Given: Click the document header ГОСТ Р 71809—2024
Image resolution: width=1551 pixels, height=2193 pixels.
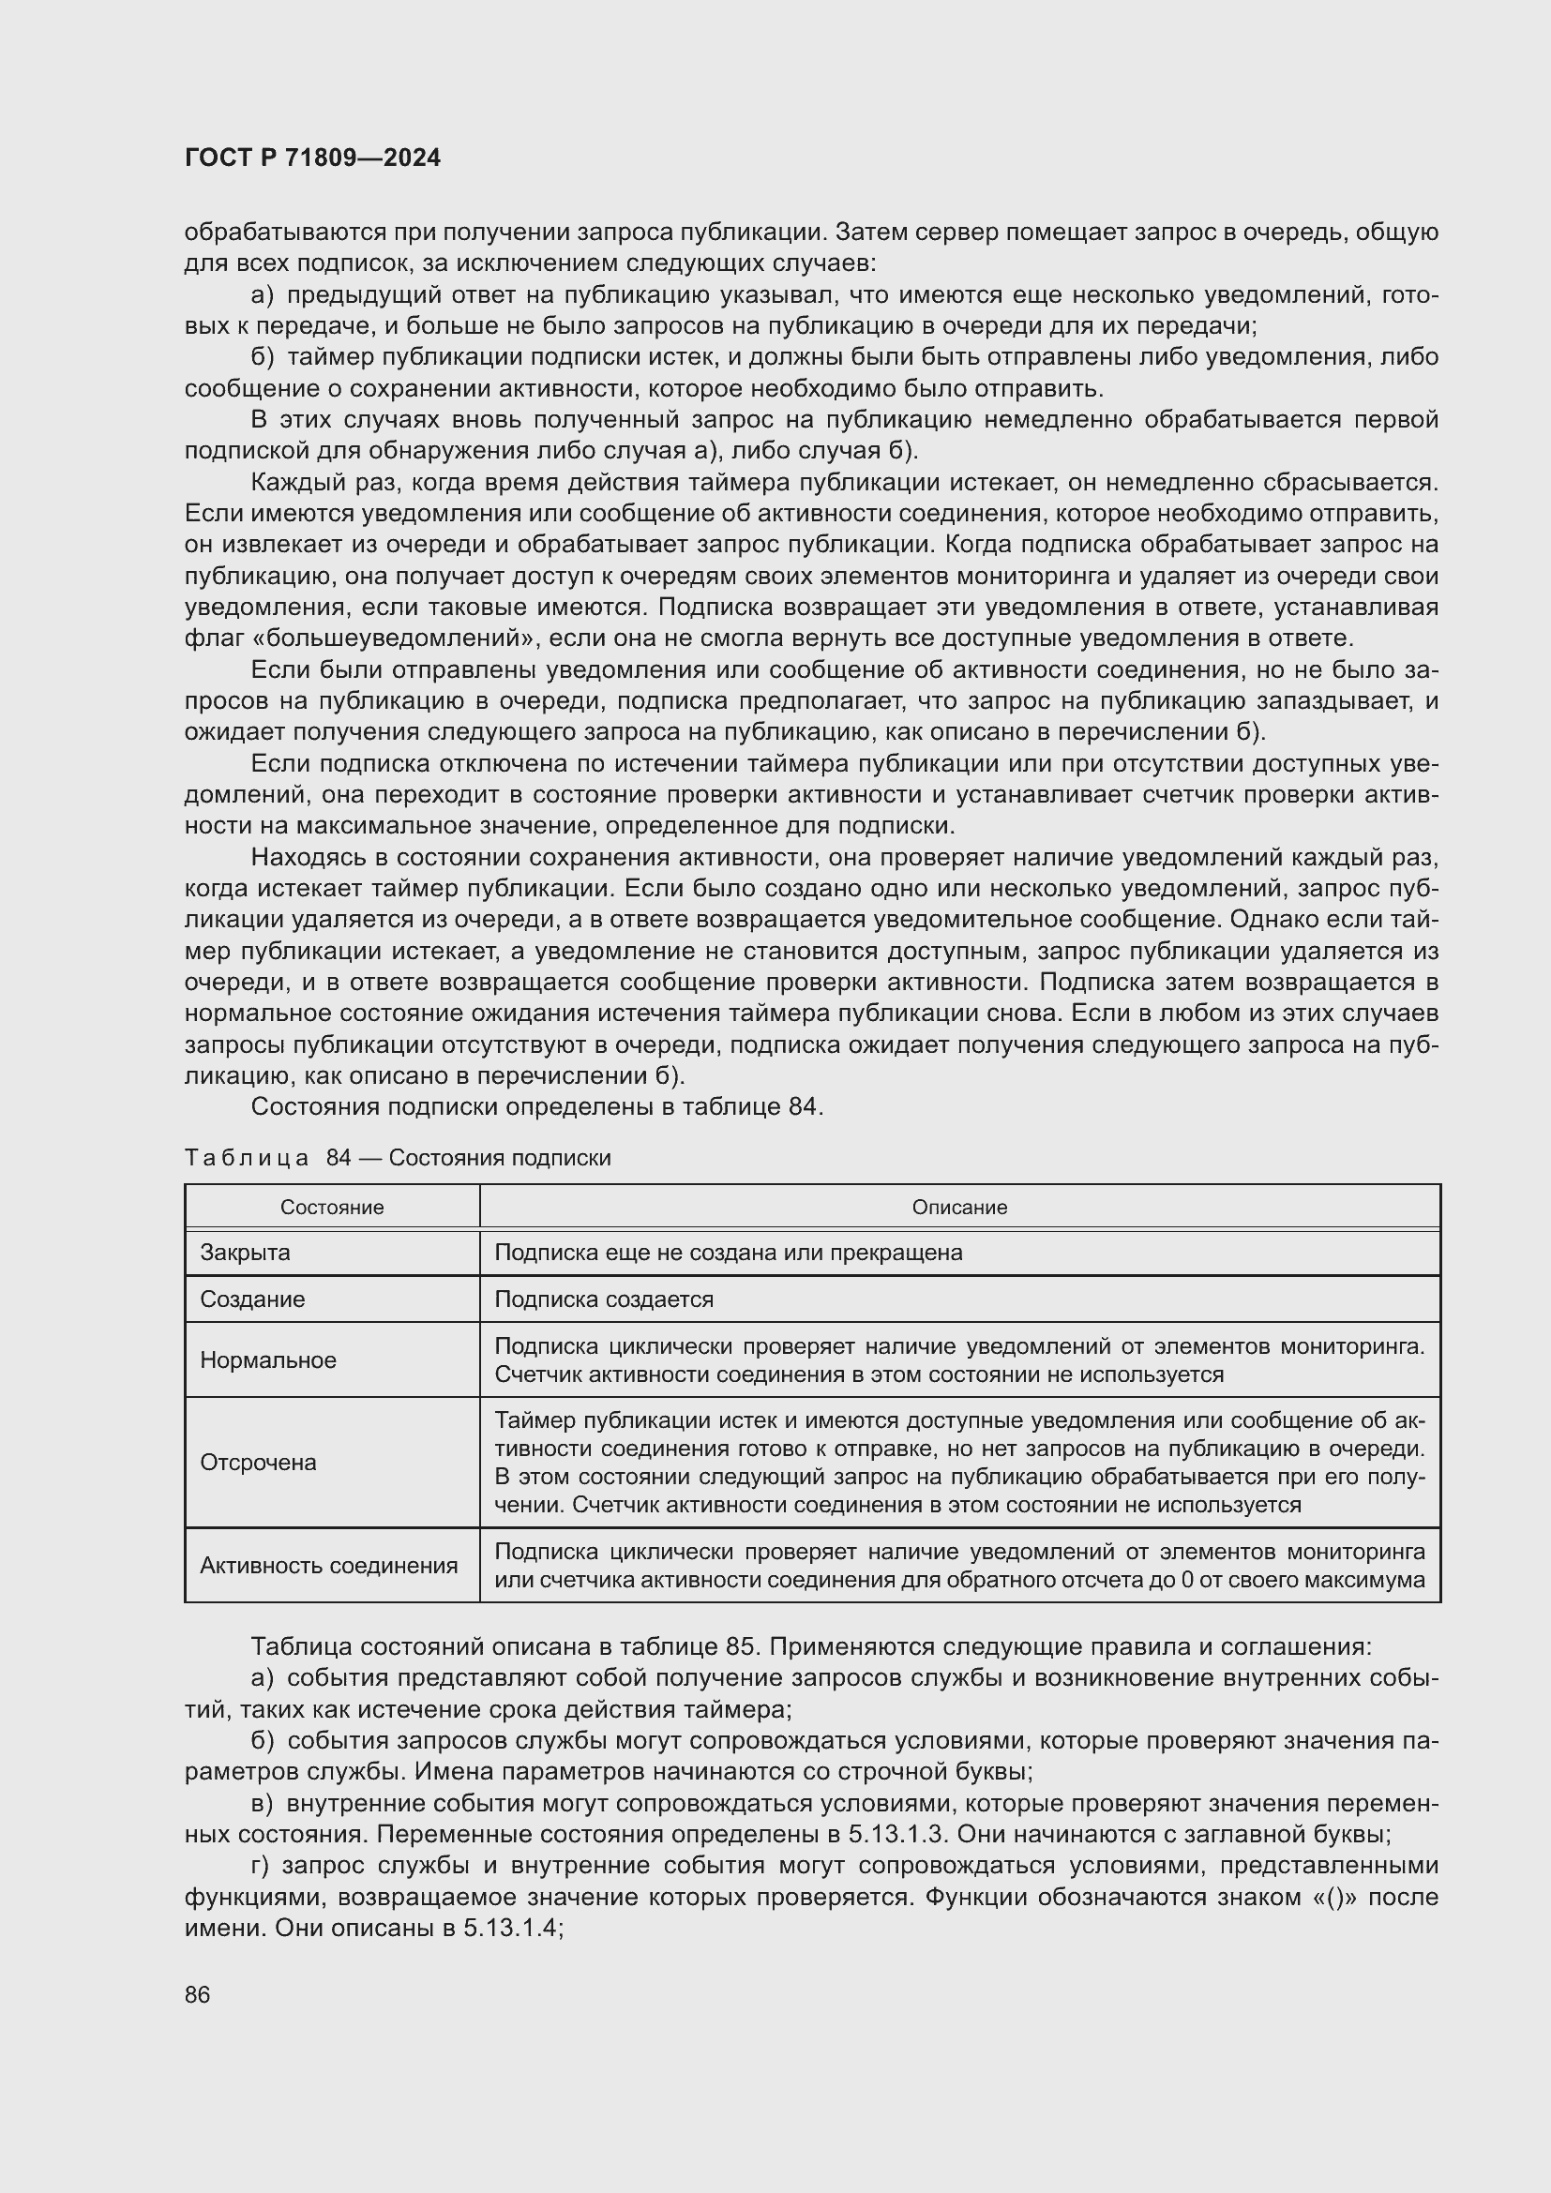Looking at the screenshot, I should (312, 158).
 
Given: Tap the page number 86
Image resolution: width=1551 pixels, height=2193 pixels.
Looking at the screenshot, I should (198, 1994).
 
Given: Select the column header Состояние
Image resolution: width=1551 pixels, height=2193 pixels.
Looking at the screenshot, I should (331, 1208).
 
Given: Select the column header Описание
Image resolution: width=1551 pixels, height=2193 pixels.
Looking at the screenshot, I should (959, 1208).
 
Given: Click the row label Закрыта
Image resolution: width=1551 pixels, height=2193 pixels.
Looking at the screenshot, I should (245, 1253).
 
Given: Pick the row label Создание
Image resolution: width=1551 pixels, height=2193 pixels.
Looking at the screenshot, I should (252, 1299).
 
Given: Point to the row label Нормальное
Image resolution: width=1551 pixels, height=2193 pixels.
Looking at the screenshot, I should (267, 1360).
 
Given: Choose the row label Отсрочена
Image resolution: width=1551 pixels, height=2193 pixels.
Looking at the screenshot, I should (258, 1463).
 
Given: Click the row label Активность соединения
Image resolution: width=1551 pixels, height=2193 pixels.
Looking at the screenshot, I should (328, 1566).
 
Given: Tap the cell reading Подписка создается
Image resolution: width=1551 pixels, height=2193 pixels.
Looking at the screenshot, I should (604, 1299).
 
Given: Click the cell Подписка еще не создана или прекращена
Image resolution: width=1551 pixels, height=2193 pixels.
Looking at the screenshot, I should (728, 1253).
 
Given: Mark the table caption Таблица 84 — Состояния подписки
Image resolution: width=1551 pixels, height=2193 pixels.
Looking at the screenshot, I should (398, 1158).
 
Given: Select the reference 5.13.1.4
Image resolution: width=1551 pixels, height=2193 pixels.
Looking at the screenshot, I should (512, 1928).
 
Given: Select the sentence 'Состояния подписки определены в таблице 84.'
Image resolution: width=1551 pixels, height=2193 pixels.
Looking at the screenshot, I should (536, 1107).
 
